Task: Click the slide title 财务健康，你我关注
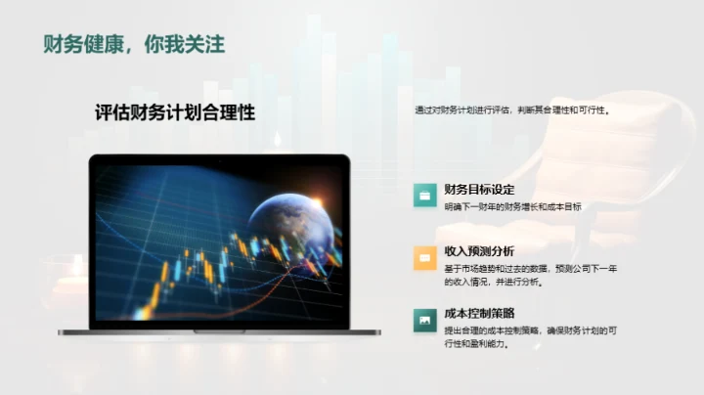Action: coord(135,44)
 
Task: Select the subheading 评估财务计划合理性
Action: coord(175,112)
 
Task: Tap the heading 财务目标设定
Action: coord(478,189)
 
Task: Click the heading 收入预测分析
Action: coord(478,251)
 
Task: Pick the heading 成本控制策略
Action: coord(478,313)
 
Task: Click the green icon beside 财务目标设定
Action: coord(423,195)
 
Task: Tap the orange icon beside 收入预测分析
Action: coord(423,257)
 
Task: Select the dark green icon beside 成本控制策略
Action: coord(423,319)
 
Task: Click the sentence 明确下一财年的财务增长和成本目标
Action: coord(511,206)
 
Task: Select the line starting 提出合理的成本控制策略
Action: coord(530,330)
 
